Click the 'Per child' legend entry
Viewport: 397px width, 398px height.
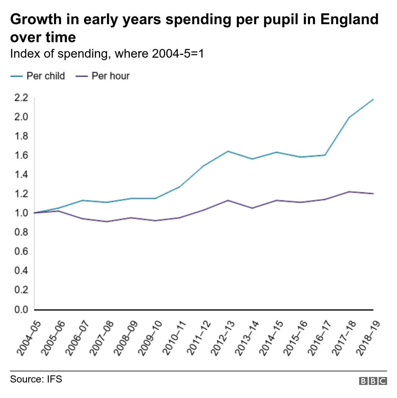(x=38, y=76)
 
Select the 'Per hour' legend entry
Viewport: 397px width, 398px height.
(x=103, y=76)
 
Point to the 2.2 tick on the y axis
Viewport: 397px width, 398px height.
(x=21, y=98)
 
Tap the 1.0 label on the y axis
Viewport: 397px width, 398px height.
(x=21, y=213)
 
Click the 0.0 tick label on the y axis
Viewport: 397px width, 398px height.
(x=21, y=309)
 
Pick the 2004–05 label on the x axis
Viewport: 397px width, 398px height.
(x=28, y=338)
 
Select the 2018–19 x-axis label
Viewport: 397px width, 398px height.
(x=368, y=338)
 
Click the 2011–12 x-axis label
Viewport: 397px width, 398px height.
(x=198, y=338)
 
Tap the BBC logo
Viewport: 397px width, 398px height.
(x=373, y=381)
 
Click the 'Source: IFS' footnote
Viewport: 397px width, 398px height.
(x=36, y=379)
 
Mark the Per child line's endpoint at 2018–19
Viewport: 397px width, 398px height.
(x=373, y=99)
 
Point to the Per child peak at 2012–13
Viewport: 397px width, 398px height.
(x=228, y=151)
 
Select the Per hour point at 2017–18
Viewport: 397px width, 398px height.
(x=349, y=192)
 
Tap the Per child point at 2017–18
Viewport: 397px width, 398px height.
(x=349, y=117)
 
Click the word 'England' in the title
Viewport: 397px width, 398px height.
(x=349, y=19)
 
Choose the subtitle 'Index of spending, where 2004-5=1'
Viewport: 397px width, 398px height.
(x=107, y=54)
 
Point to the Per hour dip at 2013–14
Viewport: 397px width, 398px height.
(x=252, y=208)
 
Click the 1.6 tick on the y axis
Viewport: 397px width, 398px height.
(x=21, y=155)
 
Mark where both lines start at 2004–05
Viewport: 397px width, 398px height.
(x=34, y=213)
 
